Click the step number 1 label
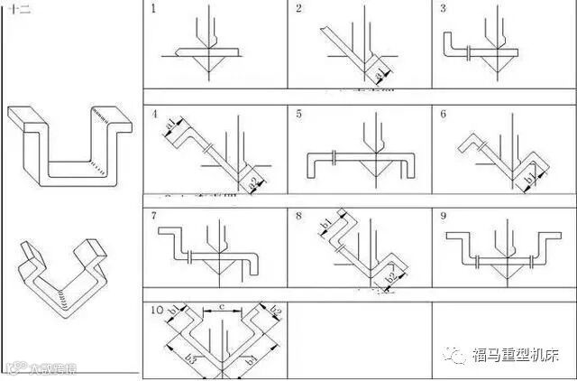pos(153,9)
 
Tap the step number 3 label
pos(444,9)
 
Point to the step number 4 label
pos(155,115)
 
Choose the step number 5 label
pos(299,115)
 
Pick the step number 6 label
pos(444,115)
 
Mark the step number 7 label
pos(154,217)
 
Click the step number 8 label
pos(299,217)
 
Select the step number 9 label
pos(444,217)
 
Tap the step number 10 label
pos(158,310)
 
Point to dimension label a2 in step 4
pos(256,181)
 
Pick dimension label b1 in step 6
pos(530,169)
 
